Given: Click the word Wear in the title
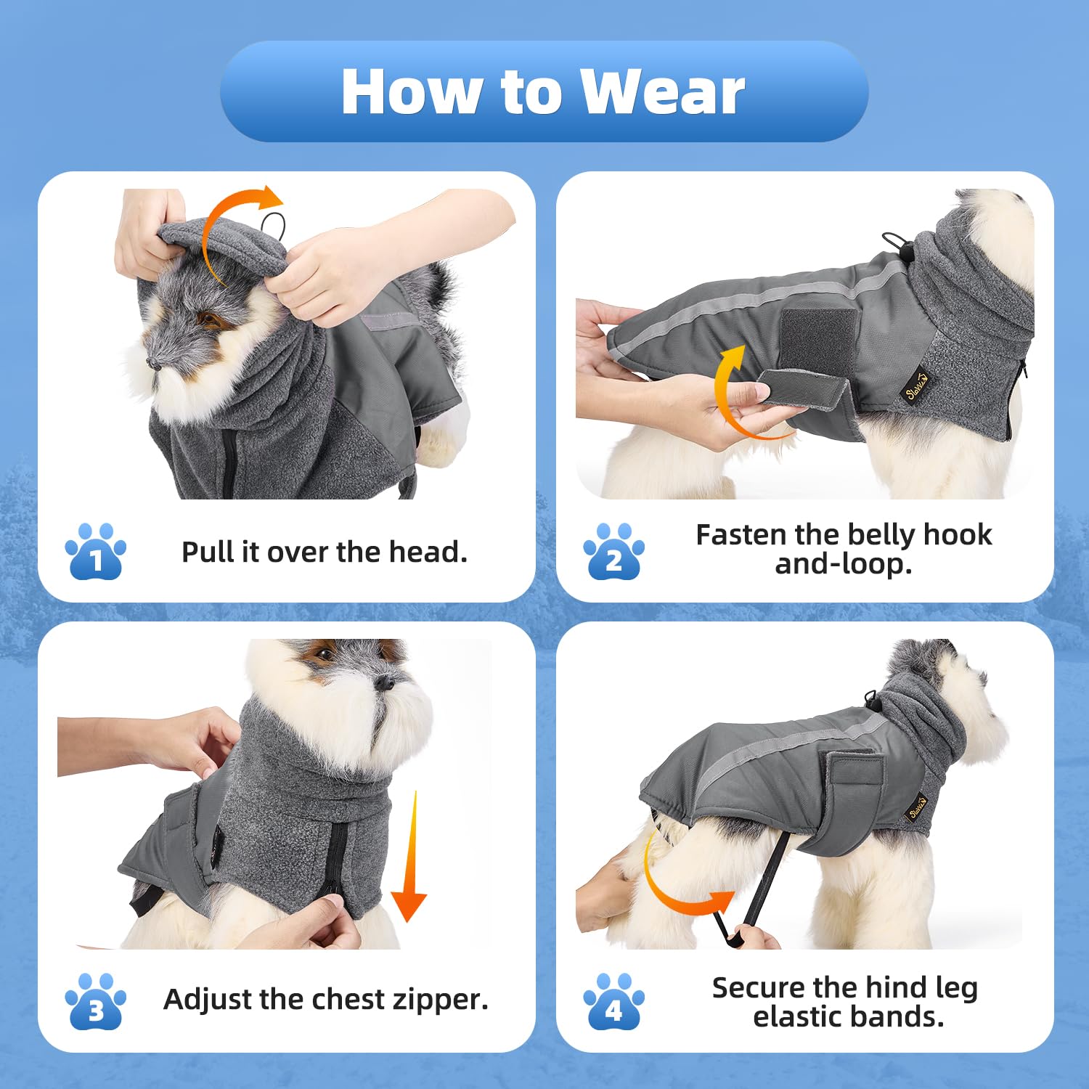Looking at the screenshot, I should pos(662,92).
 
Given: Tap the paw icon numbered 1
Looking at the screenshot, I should pos(95,552).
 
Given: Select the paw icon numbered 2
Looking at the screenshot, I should pos(613,552).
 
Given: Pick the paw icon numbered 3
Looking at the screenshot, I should pos(95,1003).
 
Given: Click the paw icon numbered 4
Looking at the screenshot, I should pos(613,1003).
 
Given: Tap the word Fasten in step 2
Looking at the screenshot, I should pos(741,535).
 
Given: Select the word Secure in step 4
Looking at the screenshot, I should pos(758,988).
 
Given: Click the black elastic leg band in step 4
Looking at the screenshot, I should pos(762,886).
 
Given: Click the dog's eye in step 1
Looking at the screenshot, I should pos(208,319).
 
